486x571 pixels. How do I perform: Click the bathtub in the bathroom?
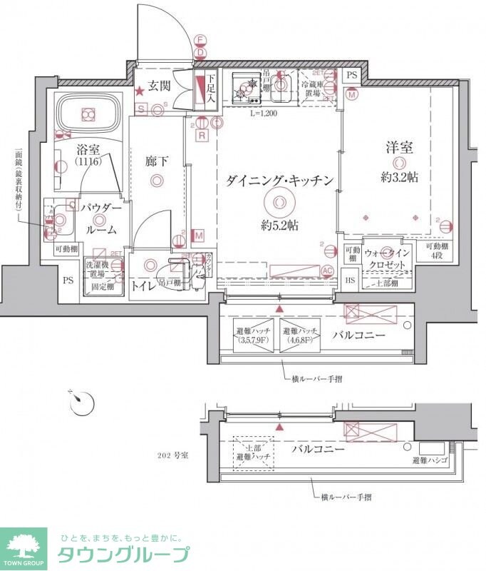point(88,113)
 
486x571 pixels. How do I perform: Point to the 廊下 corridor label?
point(157,161)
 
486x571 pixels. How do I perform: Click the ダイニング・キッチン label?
point(279,181)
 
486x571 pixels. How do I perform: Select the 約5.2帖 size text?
point(279,226)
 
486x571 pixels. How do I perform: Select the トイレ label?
point(145,286)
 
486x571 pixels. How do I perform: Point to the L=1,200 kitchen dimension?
point(263,113)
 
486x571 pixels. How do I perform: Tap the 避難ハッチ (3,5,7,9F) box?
point(253,335)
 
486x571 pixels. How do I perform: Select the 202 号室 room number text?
point(172,455)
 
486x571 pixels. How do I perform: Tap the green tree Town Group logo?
point(23,547)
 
